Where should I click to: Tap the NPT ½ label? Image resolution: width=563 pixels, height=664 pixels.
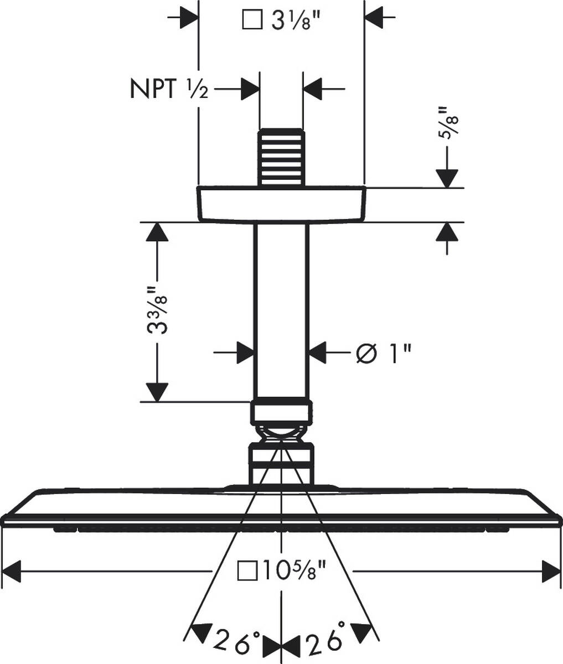169,89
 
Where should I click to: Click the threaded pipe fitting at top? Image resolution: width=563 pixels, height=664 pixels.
281,158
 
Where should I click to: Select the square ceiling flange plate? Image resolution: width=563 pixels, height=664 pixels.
281,205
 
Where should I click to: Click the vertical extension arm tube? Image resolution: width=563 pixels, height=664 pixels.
281,310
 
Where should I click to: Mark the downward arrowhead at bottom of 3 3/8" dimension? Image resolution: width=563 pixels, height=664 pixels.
157,392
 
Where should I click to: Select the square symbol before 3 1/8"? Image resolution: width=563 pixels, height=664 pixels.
253,22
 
